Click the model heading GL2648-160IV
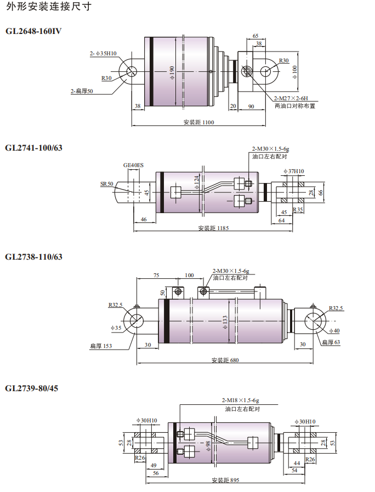[x=33, y=31]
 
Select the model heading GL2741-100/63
[x=33, y=147]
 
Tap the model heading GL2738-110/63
[x=33, y=256]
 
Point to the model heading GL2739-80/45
[x=31, y=388]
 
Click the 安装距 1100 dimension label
[x=198, y=122]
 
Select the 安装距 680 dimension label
[x=225, y=360]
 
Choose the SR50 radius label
[x=107, y=184]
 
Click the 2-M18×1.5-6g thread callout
[x=240, y=401]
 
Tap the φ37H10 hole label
[x=294, y=171]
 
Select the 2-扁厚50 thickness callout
[x=82, y=91]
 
